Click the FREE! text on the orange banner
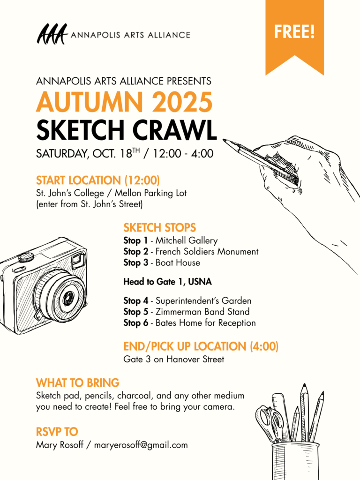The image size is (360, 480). [294, 32]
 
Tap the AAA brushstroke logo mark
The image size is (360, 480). [52, 34]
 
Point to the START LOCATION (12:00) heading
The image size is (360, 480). [98, 180]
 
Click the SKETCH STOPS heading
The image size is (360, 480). [160, 228]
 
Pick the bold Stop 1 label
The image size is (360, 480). [132, 241]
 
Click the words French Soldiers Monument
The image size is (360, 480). [207, 252]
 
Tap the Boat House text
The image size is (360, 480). [178, 262]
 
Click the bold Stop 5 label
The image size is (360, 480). [132, 312]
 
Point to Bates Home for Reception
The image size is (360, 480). [206, 322]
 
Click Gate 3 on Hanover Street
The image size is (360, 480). [173, 360]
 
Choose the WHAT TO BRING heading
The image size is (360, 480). [78, 382]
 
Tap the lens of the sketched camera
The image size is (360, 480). [67, 296]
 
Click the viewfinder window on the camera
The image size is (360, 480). [78, 260]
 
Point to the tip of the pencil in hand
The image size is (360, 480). [225, 140]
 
